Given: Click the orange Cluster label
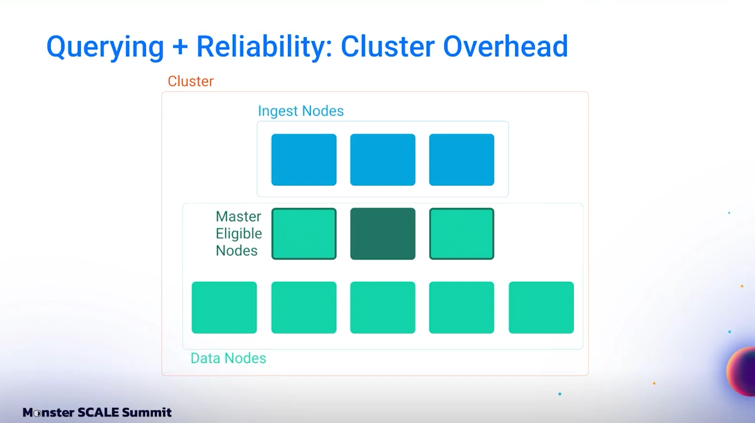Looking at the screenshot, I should (x=191, y=82).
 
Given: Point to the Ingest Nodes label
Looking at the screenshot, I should (x=301, y=111).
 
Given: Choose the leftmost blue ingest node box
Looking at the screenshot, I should (x=304, y=159).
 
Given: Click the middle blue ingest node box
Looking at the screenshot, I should (x=383, y=159).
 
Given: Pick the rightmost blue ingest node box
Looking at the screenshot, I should (x=462, y=159).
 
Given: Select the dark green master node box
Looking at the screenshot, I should (x=383, y=233).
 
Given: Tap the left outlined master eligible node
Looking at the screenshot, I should (x=304, y=233).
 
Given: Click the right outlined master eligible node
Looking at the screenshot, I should (x=462, y=233).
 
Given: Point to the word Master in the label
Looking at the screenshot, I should (x=238, y=216).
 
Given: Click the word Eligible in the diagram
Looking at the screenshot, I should (x=239, y=234).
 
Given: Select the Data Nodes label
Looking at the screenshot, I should (x=228, y=358).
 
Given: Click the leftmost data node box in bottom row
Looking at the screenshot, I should (x=224, y=307).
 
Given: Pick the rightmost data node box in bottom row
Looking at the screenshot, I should (x=541, y=307).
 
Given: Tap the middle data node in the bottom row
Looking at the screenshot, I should (x=383, y=307).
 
